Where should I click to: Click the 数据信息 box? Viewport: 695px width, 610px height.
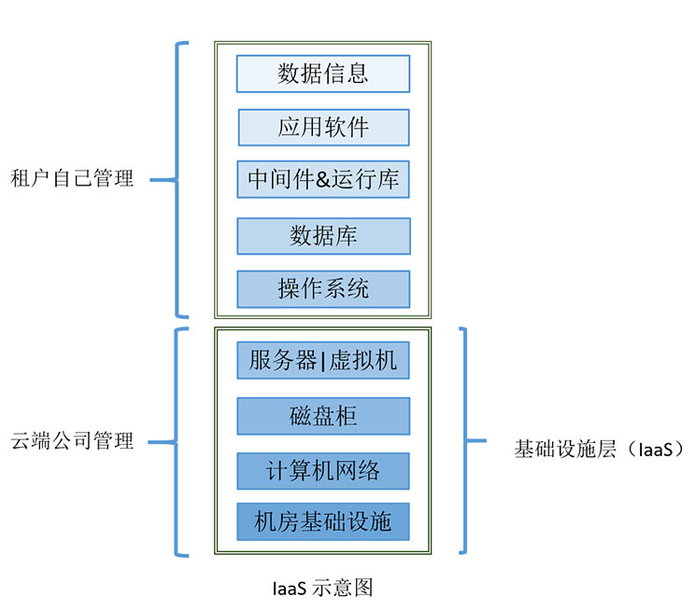point(322,74)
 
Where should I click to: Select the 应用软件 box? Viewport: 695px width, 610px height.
point(322,128)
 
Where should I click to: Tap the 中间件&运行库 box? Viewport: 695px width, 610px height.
point(322,179)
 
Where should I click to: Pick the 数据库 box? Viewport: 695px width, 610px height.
point(322,236)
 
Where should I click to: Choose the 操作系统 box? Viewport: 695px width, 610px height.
point(322,289)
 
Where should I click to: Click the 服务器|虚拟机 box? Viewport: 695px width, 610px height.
point(322,360)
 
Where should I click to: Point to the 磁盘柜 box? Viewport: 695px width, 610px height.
point(322,416)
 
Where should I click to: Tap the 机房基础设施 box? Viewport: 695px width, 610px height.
point(322,521)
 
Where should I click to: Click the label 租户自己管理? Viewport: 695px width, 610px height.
point(72,179)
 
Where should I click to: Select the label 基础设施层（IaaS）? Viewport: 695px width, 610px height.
point(599,450)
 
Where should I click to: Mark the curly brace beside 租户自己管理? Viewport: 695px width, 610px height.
point(177,179)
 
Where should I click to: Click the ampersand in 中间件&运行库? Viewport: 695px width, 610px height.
point(324,179)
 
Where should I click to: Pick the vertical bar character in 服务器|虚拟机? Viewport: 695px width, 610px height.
point(322,361)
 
